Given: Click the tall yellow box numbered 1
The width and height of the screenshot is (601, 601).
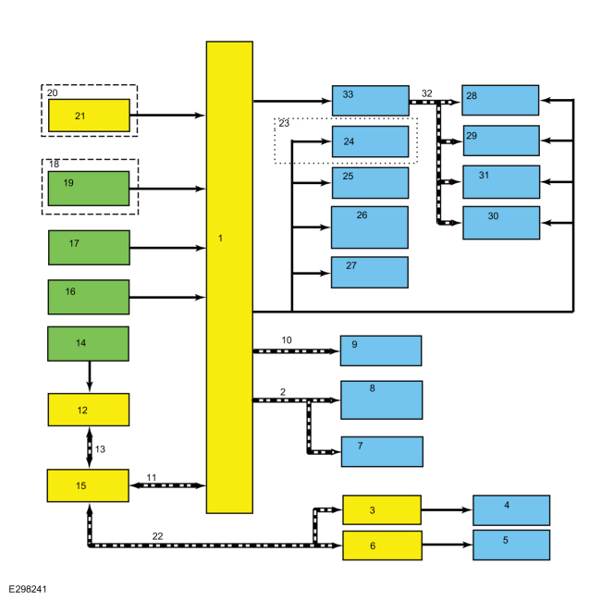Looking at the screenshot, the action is [229, 277].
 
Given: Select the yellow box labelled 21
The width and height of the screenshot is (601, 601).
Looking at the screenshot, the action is [89, 116].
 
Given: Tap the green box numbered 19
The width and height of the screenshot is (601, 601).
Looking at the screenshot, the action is [89, 189].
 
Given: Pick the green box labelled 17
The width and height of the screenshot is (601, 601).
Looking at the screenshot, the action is [89, 247].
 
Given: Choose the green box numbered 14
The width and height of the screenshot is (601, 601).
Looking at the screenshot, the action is [88, 343].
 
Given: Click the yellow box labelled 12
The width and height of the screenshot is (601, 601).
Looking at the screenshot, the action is [89, 410].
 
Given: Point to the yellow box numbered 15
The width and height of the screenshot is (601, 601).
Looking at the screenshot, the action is [88, 485].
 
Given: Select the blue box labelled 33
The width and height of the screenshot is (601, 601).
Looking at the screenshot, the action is [370, 101].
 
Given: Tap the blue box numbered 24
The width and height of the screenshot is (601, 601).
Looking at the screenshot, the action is [370, 141].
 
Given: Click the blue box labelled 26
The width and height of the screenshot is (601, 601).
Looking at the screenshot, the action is [370, 227].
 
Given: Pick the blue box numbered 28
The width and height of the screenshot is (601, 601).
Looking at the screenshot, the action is [500, 100].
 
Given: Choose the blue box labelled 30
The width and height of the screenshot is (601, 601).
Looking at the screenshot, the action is [501, 223].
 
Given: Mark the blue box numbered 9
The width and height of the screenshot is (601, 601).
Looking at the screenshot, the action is [381, 350].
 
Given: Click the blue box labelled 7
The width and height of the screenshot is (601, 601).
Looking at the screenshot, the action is [382, 451].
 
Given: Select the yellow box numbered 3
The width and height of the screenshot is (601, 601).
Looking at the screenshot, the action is [382, 509].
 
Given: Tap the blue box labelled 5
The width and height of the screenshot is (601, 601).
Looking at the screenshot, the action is [511, 545].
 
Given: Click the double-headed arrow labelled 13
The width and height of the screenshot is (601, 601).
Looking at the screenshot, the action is [90, 448].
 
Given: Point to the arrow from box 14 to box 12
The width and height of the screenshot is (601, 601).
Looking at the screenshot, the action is [90, 376].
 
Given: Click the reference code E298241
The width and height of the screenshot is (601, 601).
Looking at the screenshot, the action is [28, 589].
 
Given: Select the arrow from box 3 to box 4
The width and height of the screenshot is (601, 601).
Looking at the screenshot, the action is [447, 509].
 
